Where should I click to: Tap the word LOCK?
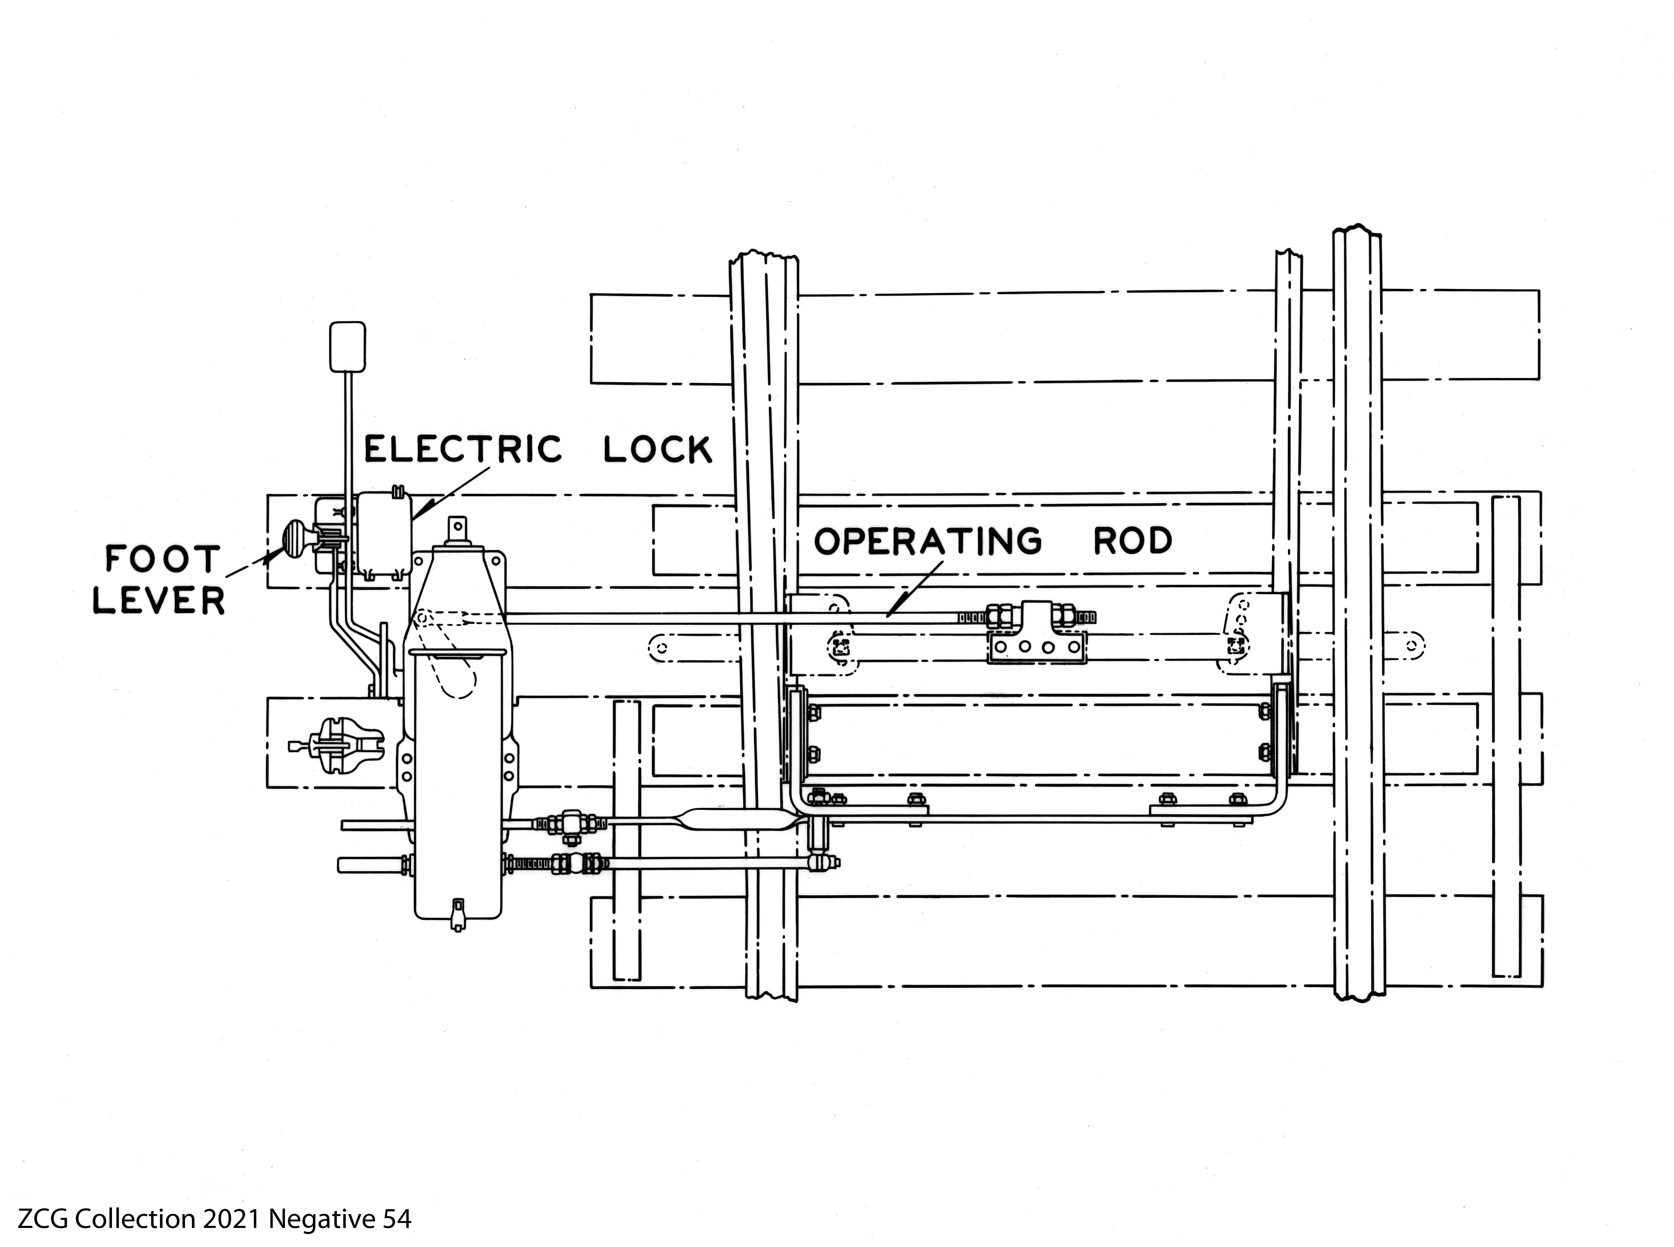point(657,451)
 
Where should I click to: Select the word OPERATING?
point(928,541)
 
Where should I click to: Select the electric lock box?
point(383,536)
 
